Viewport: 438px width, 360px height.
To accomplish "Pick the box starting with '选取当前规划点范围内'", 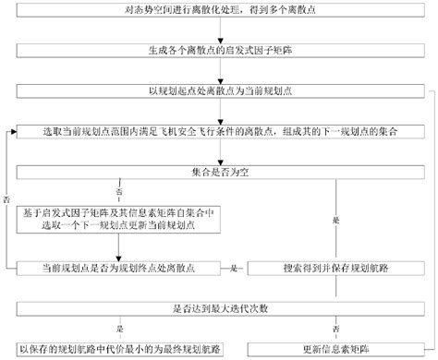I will click(x=219, y=132).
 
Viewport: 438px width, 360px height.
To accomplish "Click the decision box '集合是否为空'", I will click(x=219, y=171).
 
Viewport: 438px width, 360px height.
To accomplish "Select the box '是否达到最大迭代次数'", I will click(x=219, y=307).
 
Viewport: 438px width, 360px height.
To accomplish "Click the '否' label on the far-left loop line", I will click(x=6, y=198).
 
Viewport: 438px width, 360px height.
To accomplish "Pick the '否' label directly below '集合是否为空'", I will click(x=117, y=190).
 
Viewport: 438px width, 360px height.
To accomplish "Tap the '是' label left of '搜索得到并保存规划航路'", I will click(x=237, y=268).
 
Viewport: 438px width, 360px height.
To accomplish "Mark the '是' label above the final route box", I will click(x=117, y=328).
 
